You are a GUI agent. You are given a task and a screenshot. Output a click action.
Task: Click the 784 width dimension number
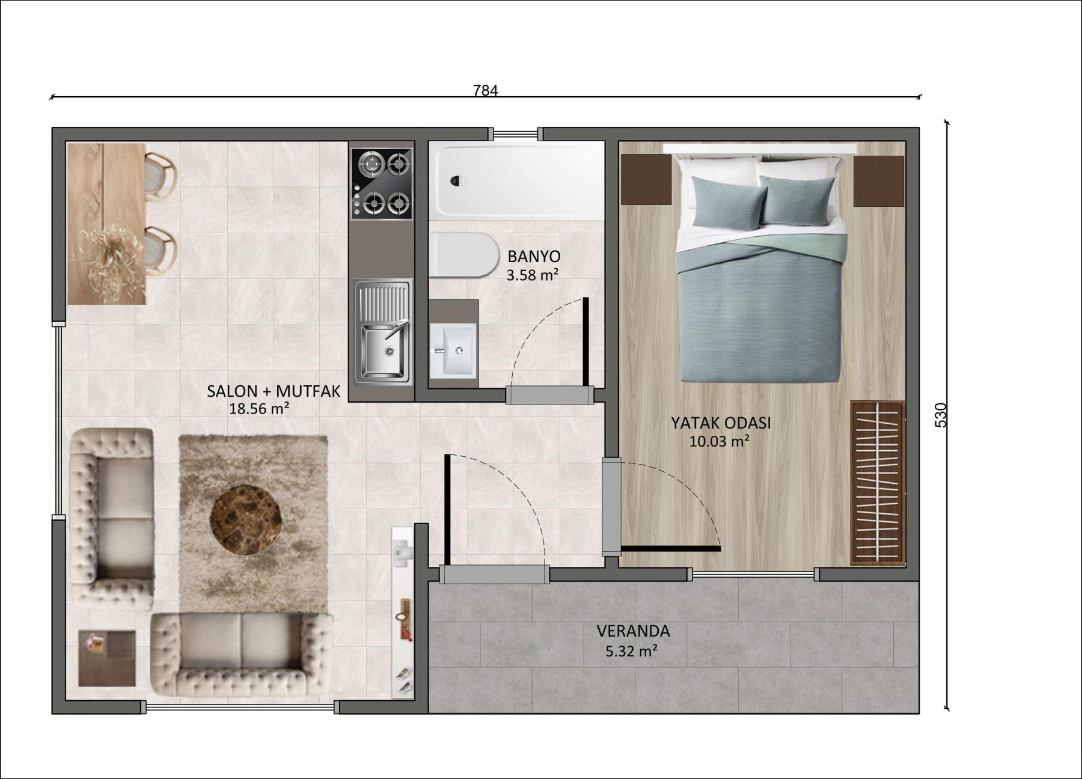pos(486,91)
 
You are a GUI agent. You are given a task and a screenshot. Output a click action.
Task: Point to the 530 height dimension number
pos(941,415)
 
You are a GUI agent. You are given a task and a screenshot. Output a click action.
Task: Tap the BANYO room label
pos(534,257)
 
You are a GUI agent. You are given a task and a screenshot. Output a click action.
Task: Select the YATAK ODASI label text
pos(721,423)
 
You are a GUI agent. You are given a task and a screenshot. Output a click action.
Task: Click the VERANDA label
pos(633,631)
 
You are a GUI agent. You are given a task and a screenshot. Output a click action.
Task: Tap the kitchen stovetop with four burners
pos(382,183)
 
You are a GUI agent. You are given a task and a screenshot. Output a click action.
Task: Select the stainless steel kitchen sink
pos(383,332)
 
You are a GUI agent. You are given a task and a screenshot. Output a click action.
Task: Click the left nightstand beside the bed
pos(646,179)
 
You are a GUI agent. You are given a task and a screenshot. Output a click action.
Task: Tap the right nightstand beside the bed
pos(879,181)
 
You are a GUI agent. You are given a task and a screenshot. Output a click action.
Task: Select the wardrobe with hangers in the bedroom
pos(878,483)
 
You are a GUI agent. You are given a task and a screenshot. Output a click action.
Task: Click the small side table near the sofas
pos(107,658)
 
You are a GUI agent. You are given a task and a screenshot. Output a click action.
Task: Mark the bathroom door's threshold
pos(549,395)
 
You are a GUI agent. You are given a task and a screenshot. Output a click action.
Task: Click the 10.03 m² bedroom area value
pos(719,442)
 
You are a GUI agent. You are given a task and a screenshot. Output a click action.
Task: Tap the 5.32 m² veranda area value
pos(631,651)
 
